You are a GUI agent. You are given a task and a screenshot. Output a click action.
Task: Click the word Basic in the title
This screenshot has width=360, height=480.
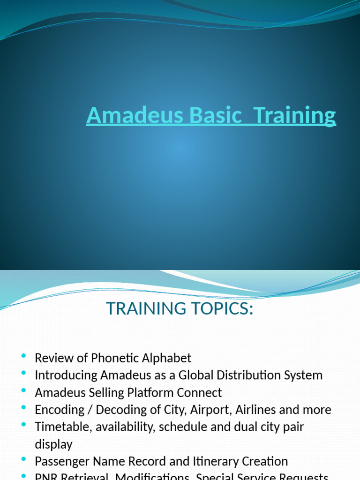[217, 116]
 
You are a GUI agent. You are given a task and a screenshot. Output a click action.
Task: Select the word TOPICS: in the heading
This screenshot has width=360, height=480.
[221, 309]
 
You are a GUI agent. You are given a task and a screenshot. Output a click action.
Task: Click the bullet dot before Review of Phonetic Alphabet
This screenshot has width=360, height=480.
[23, 358]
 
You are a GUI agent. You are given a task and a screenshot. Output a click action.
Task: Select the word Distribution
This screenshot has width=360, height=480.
[251, 375]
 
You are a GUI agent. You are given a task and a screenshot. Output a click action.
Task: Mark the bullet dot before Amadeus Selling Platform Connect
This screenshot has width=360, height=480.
[23, 392]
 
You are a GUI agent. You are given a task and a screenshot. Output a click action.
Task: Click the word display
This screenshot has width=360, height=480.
[53, 444]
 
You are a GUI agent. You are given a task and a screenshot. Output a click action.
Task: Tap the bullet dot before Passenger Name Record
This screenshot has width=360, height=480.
[23, 461]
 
